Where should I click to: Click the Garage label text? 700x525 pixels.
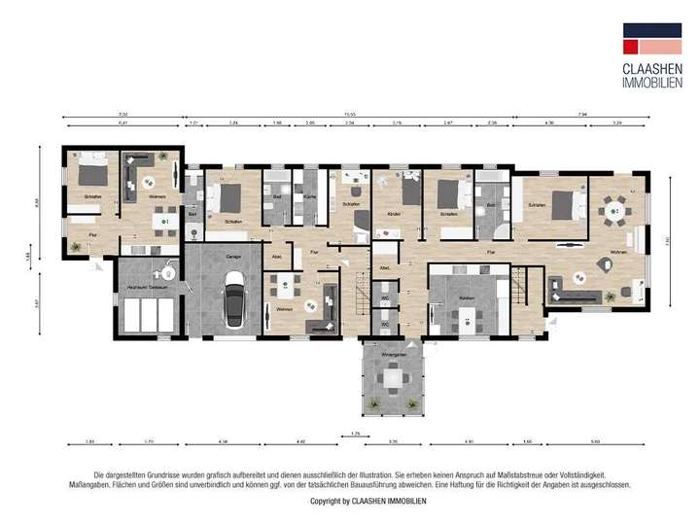point(233,256)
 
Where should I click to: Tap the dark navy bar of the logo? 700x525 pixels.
point(653,30)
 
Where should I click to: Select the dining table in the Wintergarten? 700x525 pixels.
point(394,378)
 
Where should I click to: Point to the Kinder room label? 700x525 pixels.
point(394,214)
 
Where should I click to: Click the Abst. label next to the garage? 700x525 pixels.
point(278,257)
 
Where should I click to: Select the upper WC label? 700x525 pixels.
point(385,297)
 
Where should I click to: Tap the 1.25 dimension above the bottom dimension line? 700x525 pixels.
point(355,433)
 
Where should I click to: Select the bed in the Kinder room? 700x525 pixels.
point(409,190)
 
